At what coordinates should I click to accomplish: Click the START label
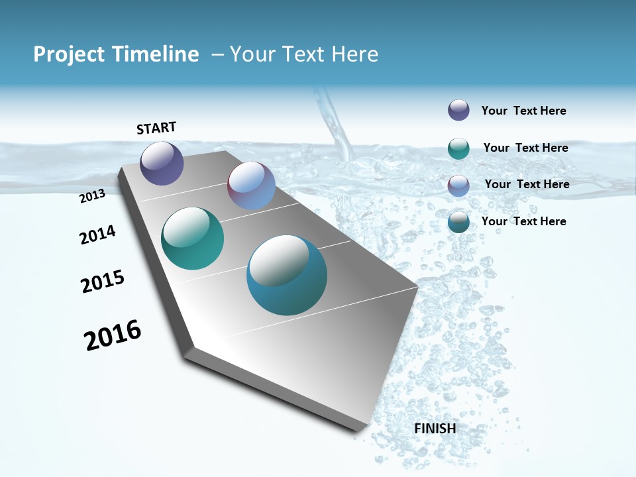pyautogui.click(x=156, y=128)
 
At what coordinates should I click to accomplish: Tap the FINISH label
pyautogui.click(x=435, y=429)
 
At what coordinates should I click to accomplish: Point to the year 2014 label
pyautogui.click(x=97, y=235)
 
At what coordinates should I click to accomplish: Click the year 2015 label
pyautogui.click(x=103, y=282)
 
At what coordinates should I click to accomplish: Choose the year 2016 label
pyautogui.click(x=113, y=335)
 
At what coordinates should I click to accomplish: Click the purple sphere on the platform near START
pyautogui.click(x=162, y=163)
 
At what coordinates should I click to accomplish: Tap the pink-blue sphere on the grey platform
pyautogui.click(x=251, y=185)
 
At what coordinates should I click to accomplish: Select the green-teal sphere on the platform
pyautogui.click(x=192, y=238)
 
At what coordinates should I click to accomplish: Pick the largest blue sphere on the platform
pyautogui.click(x=286, y=275)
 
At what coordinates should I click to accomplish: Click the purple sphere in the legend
pyautogui.click(x=458, y=110)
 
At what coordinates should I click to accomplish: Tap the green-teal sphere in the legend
pyautogui.click(x=458, y=148)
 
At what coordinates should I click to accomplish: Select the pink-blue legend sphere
pyautogui.click(x=458, y=185)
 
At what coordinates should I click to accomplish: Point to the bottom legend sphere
pyautogui.click(x=458, y=222)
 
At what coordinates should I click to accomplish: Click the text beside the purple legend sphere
pyautogui.click(x=523, y=111)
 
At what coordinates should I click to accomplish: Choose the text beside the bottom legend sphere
pyautogui.click(x=523, y=221)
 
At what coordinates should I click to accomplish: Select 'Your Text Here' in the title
pyautogui.click(x=304, y=54)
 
